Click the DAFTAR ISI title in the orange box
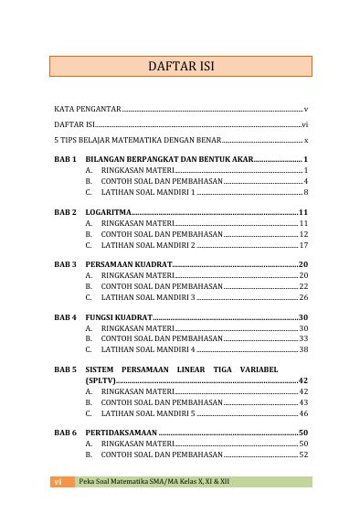click(x=180, y=67)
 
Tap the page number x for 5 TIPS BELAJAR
click(x=306, y=141)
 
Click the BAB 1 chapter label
click(x=65, y=159)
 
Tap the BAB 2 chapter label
click(x=65, y=211)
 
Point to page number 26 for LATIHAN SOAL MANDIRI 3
click(x=303, y=297)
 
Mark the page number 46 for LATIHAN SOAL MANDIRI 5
click(x=303, y=413)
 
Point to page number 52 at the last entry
click(x=303, y=454)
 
